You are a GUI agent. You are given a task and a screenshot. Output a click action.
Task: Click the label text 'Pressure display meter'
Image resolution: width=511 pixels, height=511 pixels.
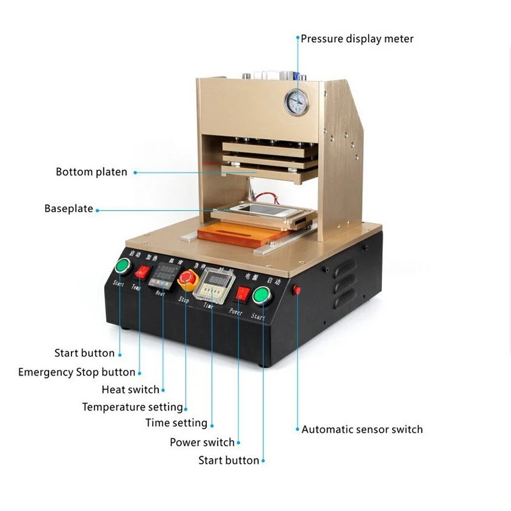click(x=357, y=39)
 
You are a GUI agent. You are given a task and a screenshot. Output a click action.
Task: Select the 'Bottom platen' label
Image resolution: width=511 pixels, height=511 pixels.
click(x=91, y=172)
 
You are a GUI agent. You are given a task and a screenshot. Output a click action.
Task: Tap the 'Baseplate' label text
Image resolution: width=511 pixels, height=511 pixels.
click(x=68, y=209)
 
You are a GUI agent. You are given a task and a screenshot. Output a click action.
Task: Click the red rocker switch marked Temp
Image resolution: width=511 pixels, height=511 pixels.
click(x=141, y=272)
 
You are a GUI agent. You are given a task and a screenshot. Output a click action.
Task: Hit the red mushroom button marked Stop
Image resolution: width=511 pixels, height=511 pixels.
click(x=187, y=278)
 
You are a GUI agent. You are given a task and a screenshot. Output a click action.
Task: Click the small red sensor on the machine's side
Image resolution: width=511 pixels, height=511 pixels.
click(x=296, y=290)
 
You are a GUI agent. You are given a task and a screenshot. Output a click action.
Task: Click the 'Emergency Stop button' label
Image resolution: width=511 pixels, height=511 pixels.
click(x=77, y=372)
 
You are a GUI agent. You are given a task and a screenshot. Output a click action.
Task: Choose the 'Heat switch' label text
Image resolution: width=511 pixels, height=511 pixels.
click(x=130, y=390)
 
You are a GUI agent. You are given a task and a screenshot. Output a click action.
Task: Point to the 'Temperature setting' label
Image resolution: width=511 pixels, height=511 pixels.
click(x=132, y=407)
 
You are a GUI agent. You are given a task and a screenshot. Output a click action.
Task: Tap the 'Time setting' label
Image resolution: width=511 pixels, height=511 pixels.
click(x=176, y=423)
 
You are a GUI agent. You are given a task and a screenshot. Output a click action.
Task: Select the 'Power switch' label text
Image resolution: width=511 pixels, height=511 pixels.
click(x=202, y=442)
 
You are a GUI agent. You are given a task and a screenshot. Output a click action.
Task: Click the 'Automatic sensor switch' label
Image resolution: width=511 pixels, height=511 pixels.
click(x=362, y=429)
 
